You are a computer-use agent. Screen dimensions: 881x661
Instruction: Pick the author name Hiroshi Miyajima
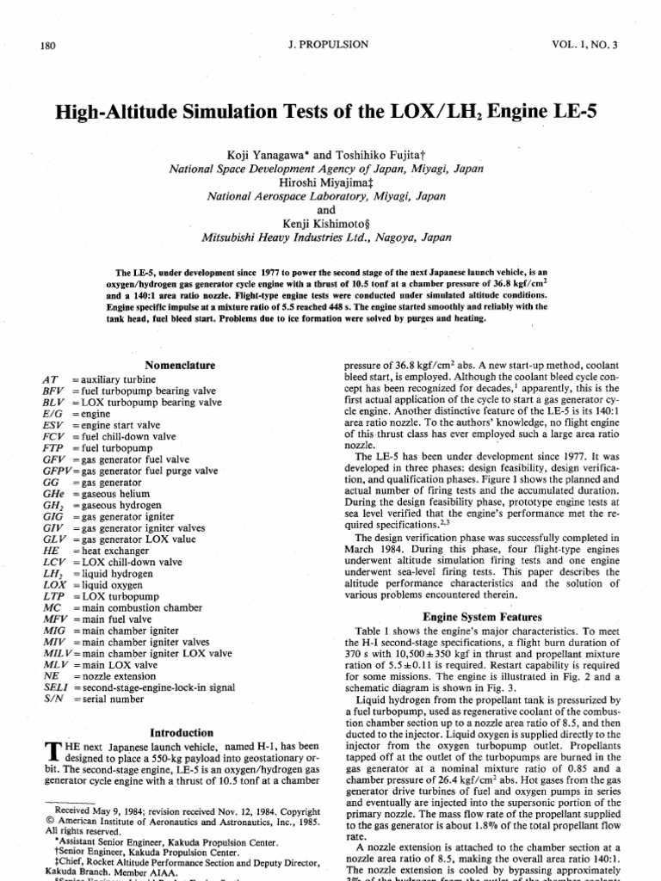[x=324, y=183]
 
